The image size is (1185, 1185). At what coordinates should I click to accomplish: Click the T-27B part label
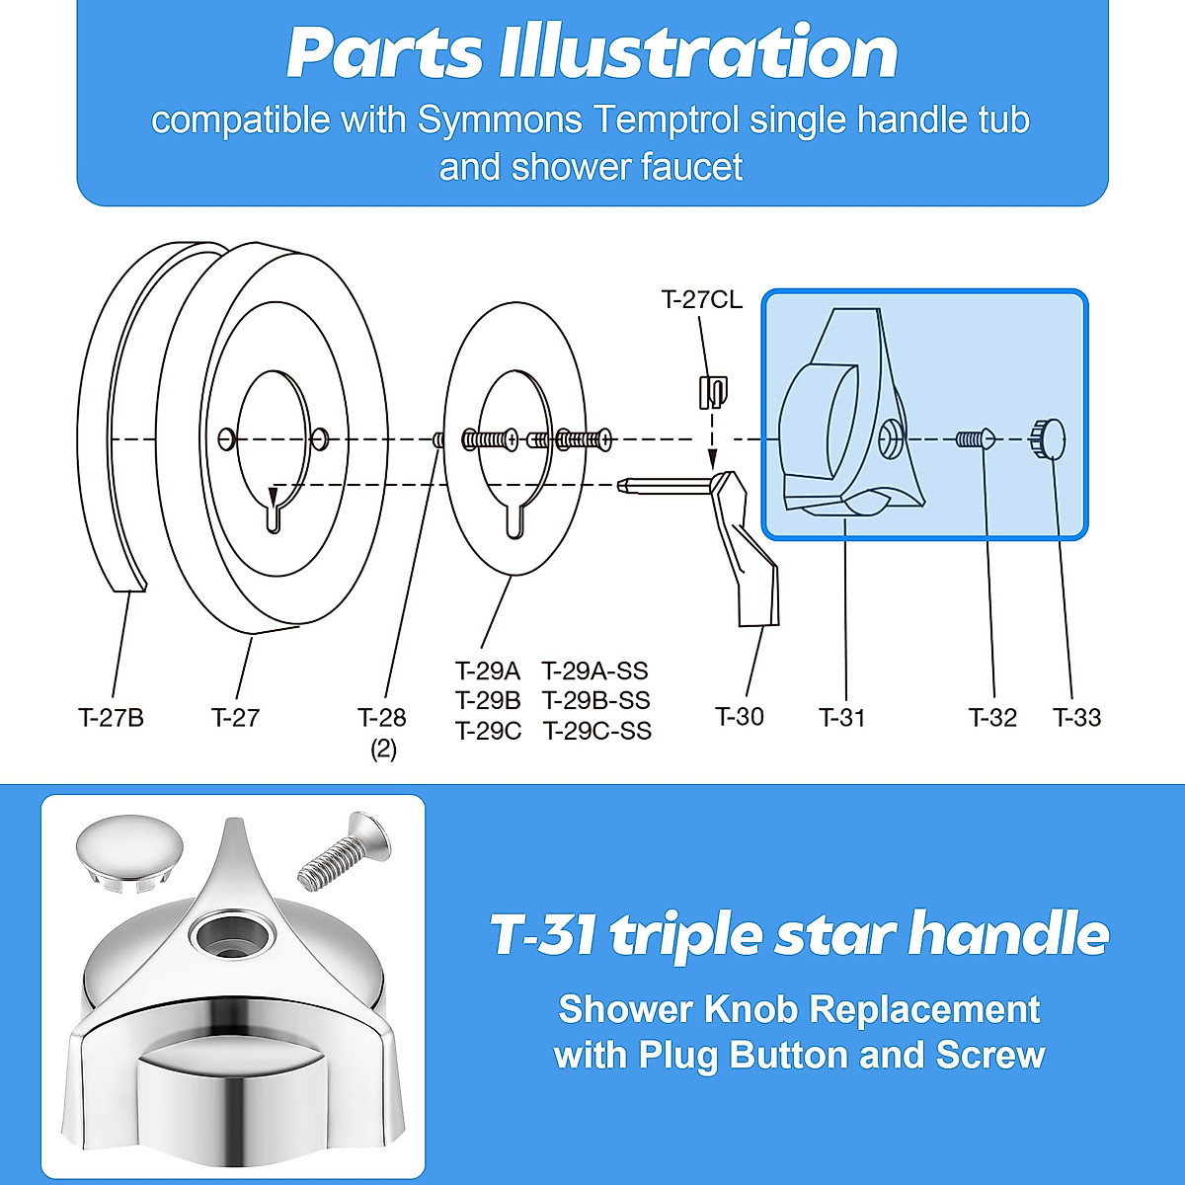click(x=111, y=717)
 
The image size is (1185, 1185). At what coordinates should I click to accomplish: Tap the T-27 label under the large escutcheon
click(x=235, y=717)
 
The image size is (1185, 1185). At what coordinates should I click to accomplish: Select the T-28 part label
click(x=382, y=717)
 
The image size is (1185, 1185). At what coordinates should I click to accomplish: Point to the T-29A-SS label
click(x=595, y=671)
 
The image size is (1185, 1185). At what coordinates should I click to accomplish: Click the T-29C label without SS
click(x=488, y=732)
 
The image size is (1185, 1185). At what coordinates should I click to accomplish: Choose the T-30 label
click(x=740, y=717)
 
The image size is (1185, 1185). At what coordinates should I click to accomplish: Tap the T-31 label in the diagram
click(x=842, y=717)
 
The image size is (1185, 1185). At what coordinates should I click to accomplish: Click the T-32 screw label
click(x=992, y=717)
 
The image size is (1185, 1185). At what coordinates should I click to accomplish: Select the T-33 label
click(x=1076, y=717)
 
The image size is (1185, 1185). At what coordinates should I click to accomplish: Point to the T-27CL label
click(x=701, y=299)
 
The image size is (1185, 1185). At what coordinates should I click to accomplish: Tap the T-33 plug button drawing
click(x=1048, y=438)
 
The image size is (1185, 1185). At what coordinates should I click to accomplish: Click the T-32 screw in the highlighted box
click(x=974, y=438)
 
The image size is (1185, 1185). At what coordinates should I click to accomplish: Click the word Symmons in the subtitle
click(x=501, y=120)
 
